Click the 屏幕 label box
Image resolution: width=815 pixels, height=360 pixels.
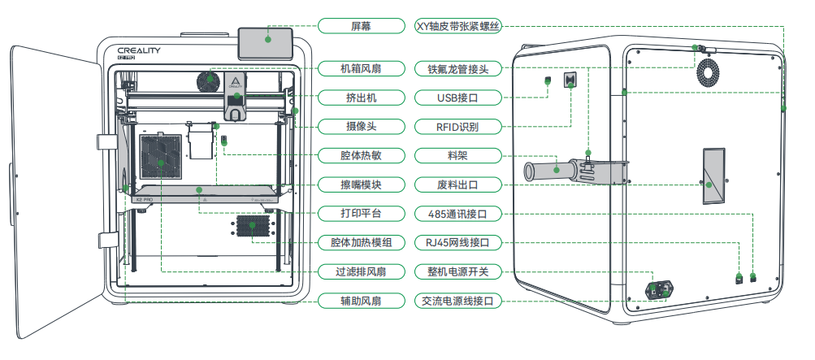[x=362, y=26]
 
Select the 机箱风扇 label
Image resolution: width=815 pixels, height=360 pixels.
[x=362, y=68]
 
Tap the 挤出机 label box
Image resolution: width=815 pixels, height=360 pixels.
[x=362, y=98]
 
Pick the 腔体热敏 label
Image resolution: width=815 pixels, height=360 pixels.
[x=362, y=155]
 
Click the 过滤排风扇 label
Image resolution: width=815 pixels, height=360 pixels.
[x=362, y=271]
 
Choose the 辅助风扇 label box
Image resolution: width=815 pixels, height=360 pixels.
[x=362, y=300]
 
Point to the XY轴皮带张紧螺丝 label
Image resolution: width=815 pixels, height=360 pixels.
[x=458, y=26]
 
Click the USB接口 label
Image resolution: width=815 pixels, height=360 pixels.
[x=458, y=98]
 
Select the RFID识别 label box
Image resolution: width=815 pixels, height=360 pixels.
[x=458, y=126]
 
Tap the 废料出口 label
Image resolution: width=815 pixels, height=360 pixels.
[x=458, y=184]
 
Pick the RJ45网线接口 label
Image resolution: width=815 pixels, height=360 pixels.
[x=458, y=242]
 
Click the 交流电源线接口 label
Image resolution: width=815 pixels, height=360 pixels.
[x=458, y=300]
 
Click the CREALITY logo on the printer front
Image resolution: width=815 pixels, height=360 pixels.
[x=139, y=50]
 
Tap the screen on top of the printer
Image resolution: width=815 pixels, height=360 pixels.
[x=266, y=43]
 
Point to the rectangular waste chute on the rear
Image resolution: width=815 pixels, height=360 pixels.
[x=714, y=176]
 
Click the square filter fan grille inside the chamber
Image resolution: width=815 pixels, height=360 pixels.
[x=161, y=157]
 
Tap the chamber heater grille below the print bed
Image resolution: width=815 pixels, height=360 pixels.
[x=253, y=225]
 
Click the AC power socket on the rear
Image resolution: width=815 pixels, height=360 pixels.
[x=659, y=290]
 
